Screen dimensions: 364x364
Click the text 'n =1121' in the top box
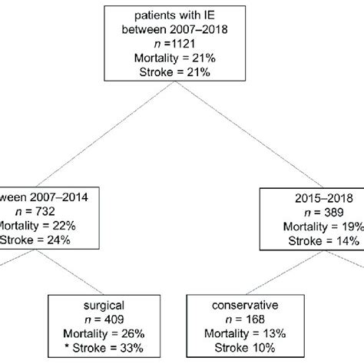(181, 44)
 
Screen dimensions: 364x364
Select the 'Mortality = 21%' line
(181, 58)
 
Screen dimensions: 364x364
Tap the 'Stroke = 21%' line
(181, 72)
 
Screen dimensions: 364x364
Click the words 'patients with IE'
(181, 15)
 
